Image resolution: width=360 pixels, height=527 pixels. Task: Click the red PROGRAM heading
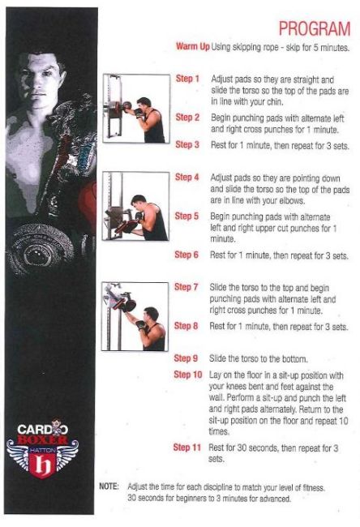click(315, 28)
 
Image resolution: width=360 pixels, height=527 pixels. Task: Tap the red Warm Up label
click(193, 46)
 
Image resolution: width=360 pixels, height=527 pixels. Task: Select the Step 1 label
click(187, 79)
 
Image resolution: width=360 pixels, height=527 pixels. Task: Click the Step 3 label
click(187, 144)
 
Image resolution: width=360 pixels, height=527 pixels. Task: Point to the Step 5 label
click(186, 216)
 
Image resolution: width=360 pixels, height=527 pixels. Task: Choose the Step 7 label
click(186, 287)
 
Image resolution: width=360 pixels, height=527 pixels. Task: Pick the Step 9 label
click(186, 358)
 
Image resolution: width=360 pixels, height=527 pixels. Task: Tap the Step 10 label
click(188, 375)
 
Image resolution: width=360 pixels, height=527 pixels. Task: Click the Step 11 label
click(186, 448)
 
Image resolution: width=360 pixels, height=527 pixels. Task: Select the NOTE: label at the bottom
click(109, 486)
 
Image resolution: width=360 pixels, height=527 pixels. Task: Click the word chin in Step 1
click(275, 102)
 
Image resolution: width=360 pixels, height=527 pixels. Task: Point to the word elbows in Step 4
click(292, 200)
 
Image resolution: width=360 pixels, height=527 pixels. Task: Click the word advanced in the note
click(275, 499)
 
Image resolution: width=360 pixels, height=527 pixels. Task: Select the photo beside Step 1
click(136, 109)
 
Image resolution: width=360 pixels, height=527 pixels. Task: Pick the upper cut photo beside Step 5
click(135, 206)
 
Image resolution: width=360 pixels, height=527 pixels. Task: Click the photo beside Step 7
click(135, 316)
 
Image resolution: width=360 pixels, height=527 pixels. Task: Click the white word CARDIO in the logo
click(42, 430)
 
